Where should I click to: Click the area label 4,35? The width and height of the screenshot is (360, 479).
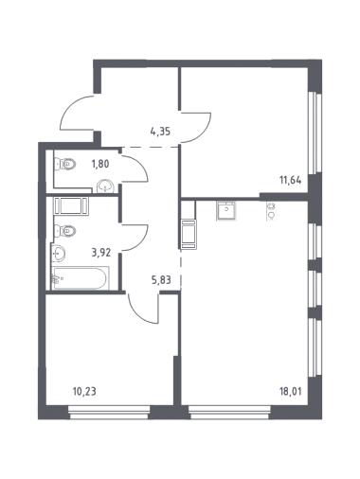click(x=160, y=131)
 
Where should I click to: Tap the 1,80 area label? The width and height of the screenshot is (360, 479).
click(x=100, y=164)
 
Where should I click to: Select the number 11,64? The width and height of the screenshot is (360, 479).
click(x=290, y=180)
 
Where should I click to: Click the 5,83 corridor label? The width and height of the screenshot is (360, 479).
click(x=161, y=280)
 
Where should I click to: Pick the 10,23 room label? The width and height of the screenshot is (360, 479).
click(x=84, y=392)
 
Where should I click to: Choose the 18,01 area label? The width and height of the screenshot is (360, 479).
click(x=290, y=392)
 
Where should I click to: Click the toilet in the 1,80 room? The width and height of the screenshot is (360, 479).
click(x=65, y=164)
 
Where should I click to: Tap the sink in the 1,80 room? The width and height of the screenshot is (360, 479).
click(x=105, y=186)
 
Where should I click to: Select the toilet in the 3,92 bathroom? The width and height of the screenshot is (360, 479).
click(x=65, y=231)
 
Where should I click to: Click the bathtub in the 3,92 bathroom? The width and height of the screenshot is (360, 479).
click(x=81, y=278)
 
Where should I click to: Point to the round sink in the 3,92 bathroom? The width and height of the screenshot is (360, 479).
click(x=59, y=253)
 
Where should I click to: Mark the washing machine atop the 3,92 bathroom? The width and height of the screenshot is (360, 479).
click(x=71, y=206)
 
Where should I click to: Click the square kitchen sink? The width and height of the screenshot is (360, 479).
click(x=226, y=211)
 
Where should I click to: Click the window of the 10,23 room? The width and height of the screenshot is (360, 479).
click(x=109, y=413)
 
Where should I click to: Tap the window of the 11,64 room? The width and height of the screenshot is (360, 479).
click(x=315, y=133)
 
